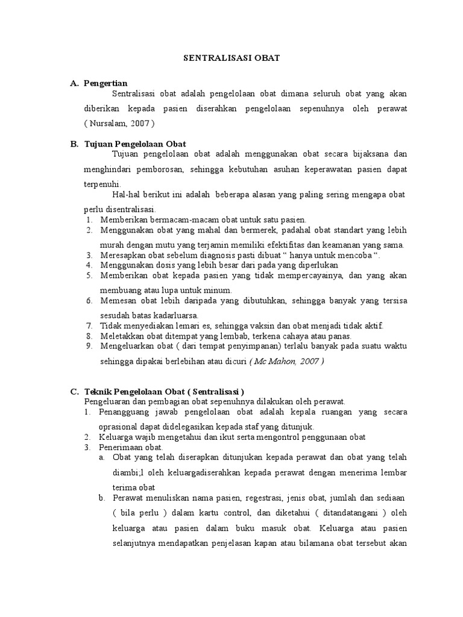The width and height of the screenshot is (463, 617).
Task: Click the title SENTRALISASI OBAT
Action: [x=231, y=59]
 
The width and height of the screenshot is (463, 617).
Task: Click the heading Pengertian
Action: [x=106, y=83]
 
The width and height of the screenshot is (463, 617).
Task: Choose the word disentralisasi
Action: [x=118, y=209]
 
